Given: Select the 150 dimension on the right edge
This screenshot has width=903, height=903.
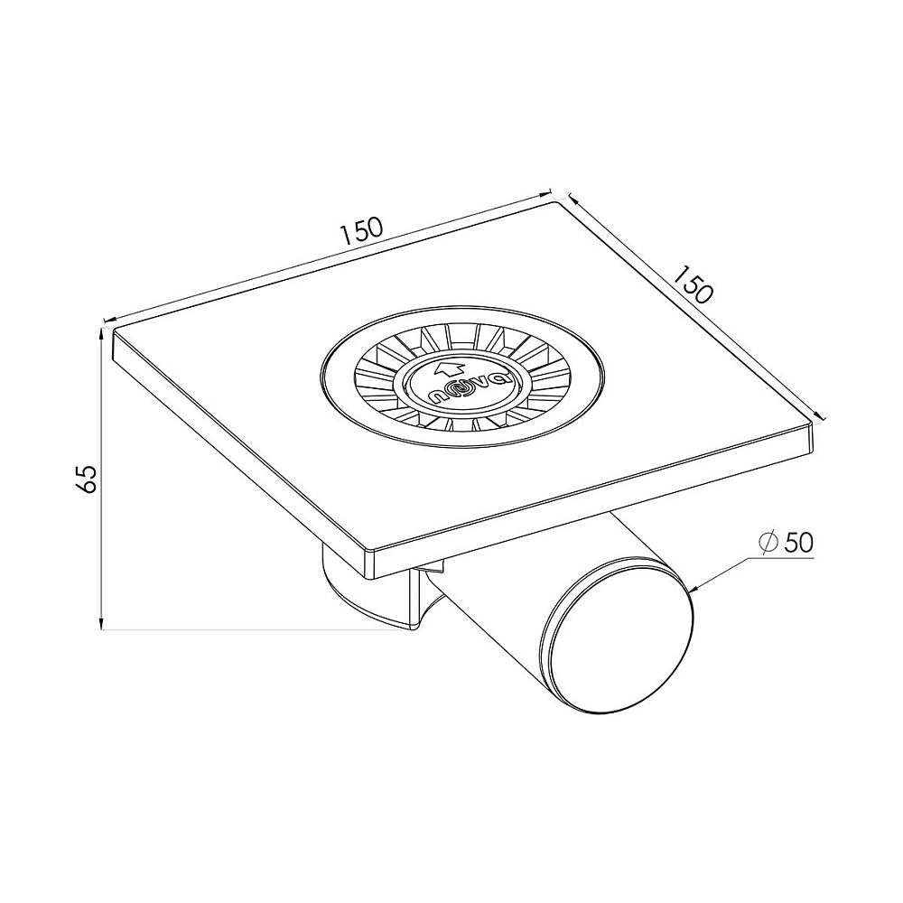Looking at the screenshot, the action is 693,284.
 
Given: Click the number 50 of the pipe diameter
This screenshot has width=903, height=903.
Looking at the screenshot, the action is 798,542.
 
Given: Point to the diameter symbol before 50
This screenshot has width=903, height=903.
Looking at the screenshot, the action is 768,542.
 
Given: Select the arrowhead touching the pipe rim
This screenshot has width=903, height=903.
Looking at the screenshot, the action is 693,589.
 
